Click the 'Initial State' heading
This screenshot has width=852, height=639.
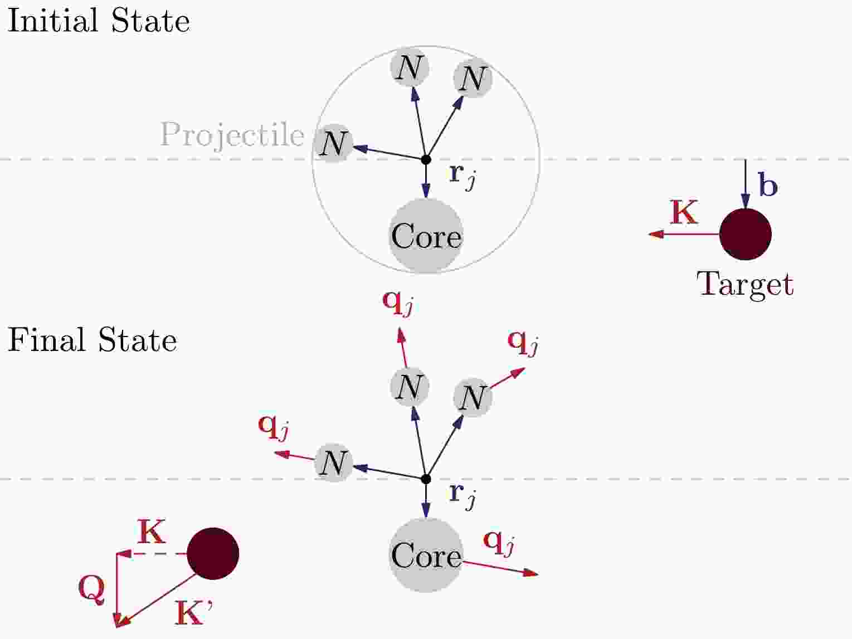click(x=99, y=21)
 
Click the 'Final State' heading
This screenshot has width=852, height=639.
click(x=92, y=340)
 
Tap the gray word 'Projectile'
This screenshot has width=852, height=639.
click(x=232, y=135)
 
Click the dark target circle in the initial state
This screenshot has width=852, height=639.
click(x=745, y=234)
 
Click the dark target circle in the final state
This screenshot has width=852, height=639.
click(x=213, y=553)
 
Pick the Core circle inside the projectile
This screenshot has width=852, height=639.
click(x=426, y=236)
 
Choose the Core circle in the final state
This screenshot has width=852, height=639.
click(x=426, y=555)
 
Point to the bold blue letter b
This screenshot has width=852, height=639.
click(x=767, y=186)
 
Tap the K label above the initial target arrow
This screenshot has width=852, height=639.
click(x=684, y=212)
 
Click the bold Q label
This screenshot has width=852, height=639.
click(x=91, y=589)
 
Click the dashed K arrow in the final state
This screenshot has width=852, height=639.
click(x=152, y=554)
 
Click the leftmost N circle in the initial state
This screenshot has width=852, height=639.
click(x=333, y=143)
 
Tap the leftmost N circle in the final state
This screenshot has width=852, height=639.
click(x=333, y=462)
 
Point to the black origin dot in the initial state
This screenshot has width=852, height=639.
click(x=426, y=159)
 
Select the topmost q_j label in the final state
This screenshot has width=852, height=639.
click(x=397, y=303)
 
